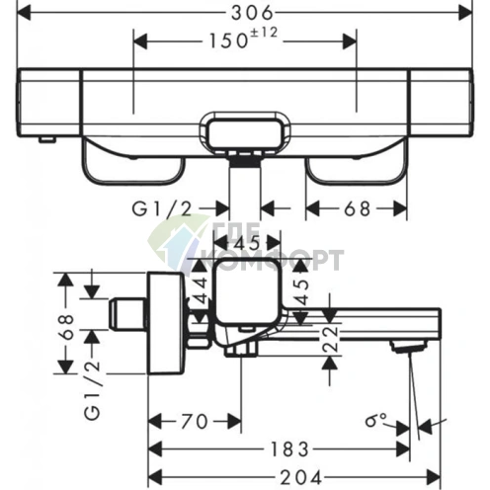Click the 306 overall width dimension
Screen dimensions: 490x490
(x=252, y=13)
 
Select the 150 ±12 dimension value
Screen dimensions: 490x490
(x=244, y=39)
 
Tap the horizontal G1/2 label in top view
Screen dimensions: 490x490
(x=162, y=208)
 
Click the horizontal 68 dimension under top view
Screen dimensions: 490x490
(x=358, y=208)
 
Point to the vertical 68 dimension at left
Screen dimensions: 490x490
(x=65, y=327)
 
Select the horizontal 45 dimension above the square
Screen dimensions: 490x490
(x=247, y=244)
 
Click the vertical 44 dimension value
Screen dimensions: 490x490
(x=201, y=289)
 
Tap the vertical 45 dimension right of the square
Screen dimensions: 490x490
(x=301, y=291)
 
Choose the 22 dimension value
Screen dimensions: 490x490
(x=330, y=339)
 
